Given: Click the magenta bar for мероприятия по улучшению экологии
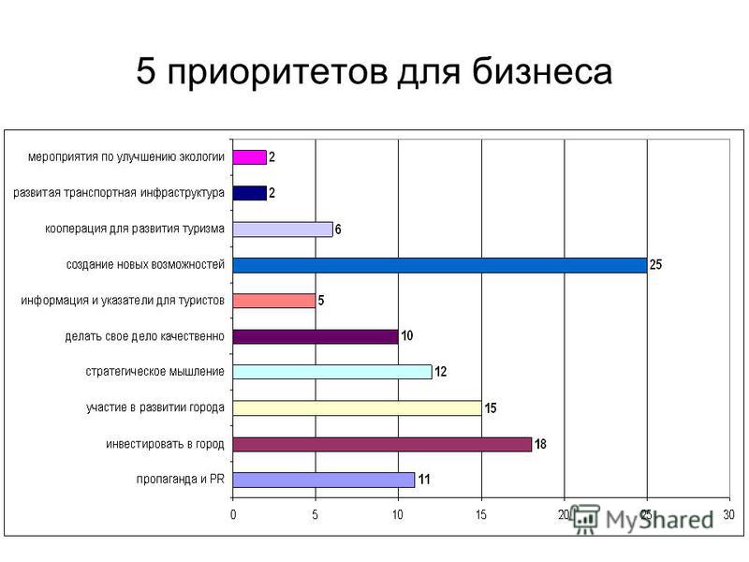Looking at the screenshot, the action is click(x=249, y=157).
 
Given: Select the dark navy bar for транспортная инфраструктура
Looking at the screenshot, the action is click(x=249, y=193).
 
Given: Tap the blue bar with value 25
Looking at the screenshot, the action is click(x=440, y=265).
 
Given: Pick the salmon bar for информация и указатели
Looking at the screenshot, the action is click(x=274, y=301).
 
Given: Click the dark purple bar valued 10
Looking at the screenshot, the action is click(x=316, y=336).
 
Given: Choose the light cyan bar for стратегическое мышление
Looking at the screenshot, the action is click(x=332, y=372).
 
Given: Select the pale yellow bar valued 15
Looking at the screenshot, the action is click(x=358, y=408).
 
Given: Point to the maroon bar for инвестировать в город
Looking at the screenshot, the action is click(x=382, y=444).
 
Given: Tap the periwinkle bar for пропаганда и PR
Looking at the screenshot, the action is click(x=324, y=480).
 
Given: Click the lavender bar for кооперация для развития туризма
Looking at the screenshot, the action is click(x=283, y=229).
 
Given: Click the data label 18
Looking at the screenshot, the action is click(x=540, y=444).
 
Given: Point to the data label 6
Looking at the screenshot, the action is click(x=338, y=229).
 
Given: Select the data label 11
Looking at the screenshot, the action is click(x=424, y=480).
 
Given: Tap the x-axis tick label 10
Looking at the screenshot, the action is click(x=397, y=514).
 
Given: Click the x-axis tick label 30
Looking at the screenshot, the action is click(x=728, y=514).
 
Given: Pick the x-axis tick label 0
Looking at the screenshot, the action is click(x=233, y=514).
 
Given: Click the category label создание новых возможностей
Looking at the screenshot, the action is click(x=145, y=264).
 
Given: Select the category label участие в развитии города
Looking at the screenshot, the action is click(x=155, y=407).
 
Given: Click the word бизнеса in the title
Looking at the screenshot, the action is click(x=542, y=72).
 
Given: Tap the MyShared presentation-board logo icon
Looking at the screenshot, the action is click(x=586, y=519).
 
